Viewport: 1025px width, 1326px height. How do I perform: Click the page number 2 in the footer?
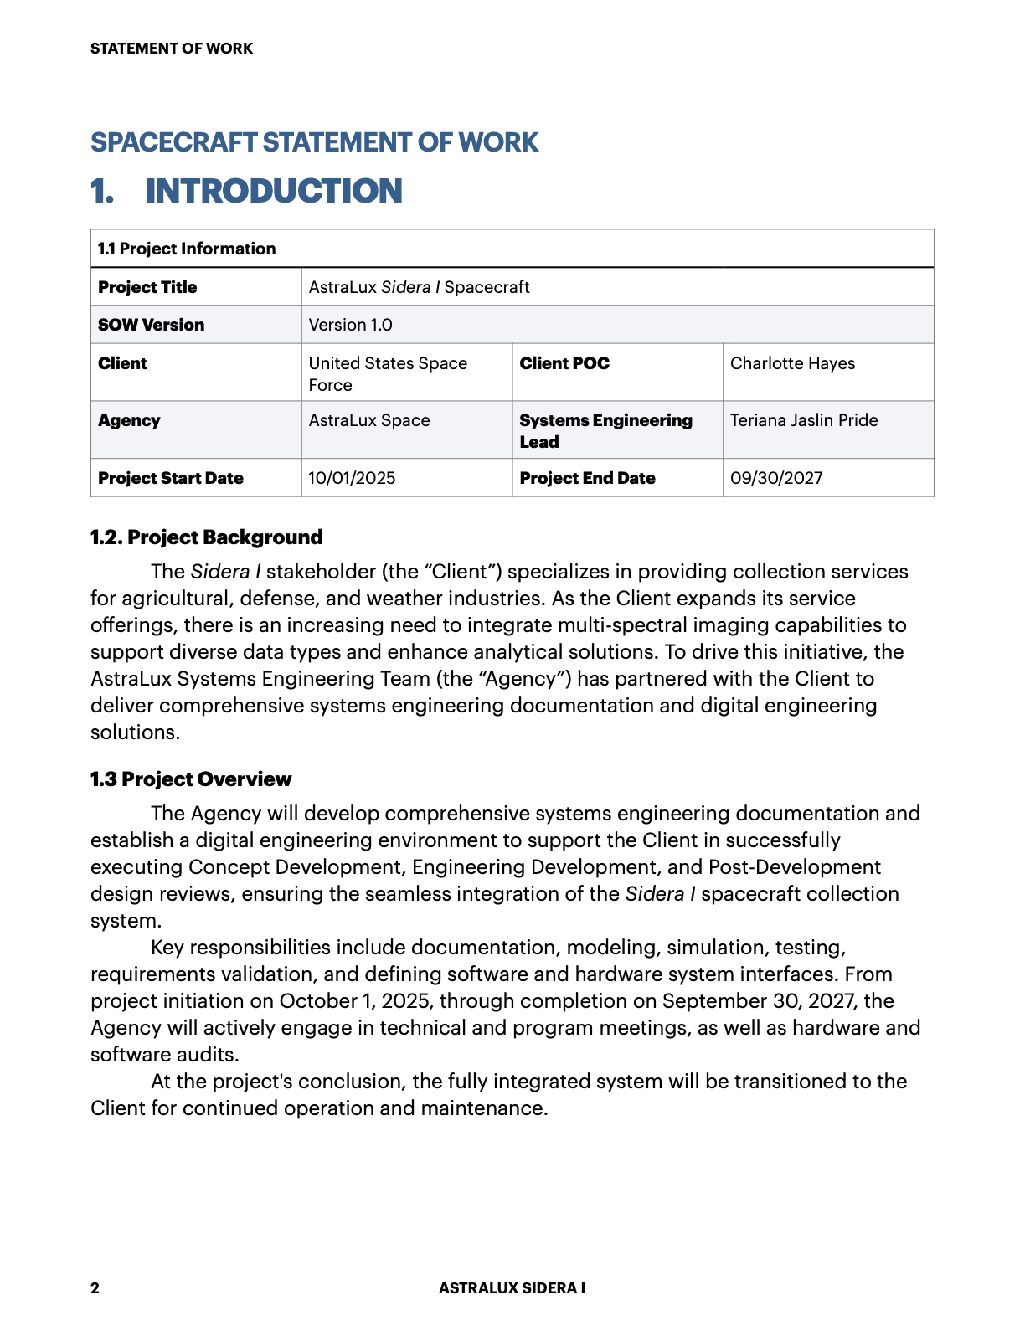pos(95,1288)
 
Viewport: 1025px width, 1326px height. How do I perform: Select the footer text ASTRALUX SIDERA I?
pos(512,1288)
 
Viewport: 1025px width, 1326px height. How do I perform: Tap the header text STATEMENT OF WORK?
pos(172,49)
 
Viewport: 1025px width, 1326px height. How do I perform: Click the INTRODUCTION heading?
pos(274,191)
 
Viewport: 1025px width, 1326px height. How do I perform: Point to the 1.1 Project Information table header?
pos(187,249)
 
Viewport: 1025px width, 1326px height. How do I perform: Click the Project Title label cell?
pos(147,287)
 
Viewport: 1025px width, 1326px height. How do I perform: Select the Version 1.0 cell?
pos(350,325)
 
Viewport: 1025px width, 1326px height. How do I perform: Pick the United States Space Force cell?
pos(388,373)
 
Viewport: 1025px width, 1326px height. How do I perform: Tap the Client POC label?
pos(564,363)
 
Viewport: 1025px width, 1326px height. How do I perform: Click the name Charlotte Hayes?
pos(792,363)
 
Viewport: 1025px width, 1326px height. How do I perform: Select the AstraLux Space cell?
pos(369,420)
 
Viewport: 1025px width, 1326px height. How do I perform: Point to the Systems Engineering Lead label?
pos(605,430)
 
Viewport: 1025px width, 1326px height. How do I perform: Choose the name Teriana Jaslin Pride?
pos(804,420)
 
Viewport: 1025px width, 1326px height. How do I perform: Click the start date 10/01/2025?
pos(352,478)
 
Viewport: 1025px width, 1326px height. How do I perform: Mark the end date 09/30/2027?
pos(776,478)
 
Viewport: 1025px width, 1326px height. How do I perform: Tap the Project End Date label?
pos(587,478)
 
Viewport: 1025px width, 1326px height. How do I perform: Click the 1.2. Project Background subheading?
pos(207,537)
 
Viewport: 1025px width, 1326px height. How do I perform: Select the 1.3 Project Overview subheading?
pos(191,779)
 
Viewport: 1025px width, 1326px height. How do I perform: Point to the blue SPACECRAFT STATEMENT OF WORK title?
pos(315,142)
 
